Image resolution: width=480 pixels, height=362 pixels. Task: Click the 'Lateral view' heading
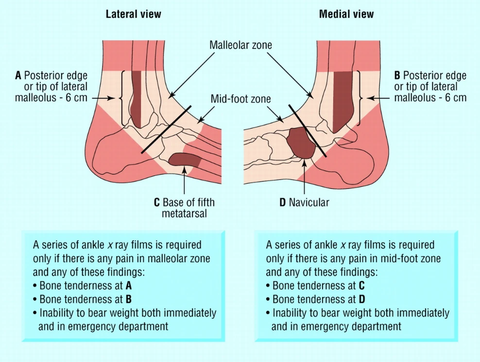(133, 14)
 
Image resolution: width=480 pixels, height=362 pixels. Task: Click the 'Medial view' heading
(346, 14)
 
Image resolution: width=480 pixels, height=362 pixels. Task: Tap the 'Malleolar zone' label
(240, 45)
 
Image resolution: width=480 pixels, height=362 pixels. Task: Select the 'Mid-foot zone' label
(240, 99)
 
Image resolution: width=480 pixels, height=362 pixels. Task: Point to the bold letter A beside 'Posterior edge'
(18, 75)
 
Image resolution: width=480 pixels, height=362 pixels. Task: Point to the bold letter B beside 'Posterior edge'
(397, 75)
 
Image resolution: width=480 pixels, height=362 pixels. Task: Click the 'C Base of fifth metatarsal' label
(184, 208)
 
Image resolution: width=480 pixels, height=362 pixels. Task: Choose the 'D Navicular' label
(304, 202)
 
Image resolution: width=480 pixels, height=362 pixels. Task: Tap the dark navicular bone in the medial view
(301, 143)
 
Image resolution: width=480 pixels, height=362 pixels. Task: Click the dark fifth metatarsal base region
(185, 159)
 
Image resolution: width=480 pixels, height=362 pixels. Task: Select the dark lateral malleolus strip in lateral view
(136, 99)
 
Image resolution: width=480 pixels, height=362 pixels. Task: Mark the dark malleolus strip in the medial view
(342, 101)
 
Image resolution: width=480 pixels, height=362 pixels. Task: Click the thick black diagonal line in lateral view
(166, 130)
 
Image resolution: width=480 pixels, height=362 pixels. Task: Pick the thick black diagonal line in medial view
(308, 131)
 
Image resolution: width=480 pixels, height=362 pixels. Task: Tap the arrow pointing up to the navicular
(304, 177)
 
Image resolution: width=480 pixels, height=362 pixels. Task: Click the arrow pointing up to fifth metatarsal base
(184, 180)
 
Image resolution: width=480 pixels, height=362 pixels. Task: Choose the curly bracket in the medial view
(360, 98)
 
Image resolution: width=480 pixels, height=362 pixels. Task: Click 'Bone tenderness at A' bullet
(83, 285)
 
